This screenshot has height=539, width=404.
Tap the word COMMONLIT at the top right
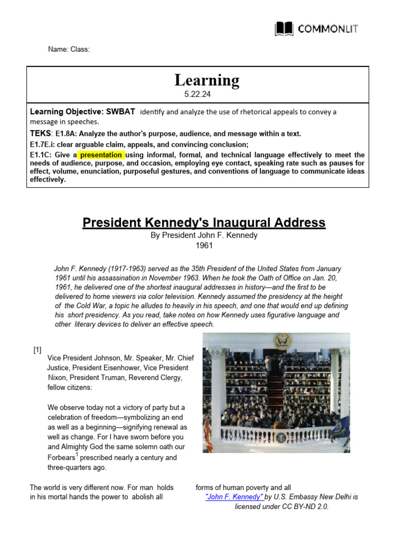click(x=328, y=28)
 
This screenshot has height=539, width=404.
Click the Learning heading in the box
click(x=207, y=81)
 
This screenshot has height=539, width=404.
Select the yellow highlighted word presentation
click(x=101, y=155)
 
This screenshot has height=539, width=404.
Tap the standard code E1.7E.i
click(x=43, y=144)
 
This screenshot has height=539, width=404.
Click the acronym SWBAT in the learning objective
click(x=120, y=112)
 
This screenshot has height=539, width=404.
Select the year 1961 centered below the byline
click(x=204, y=245)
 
